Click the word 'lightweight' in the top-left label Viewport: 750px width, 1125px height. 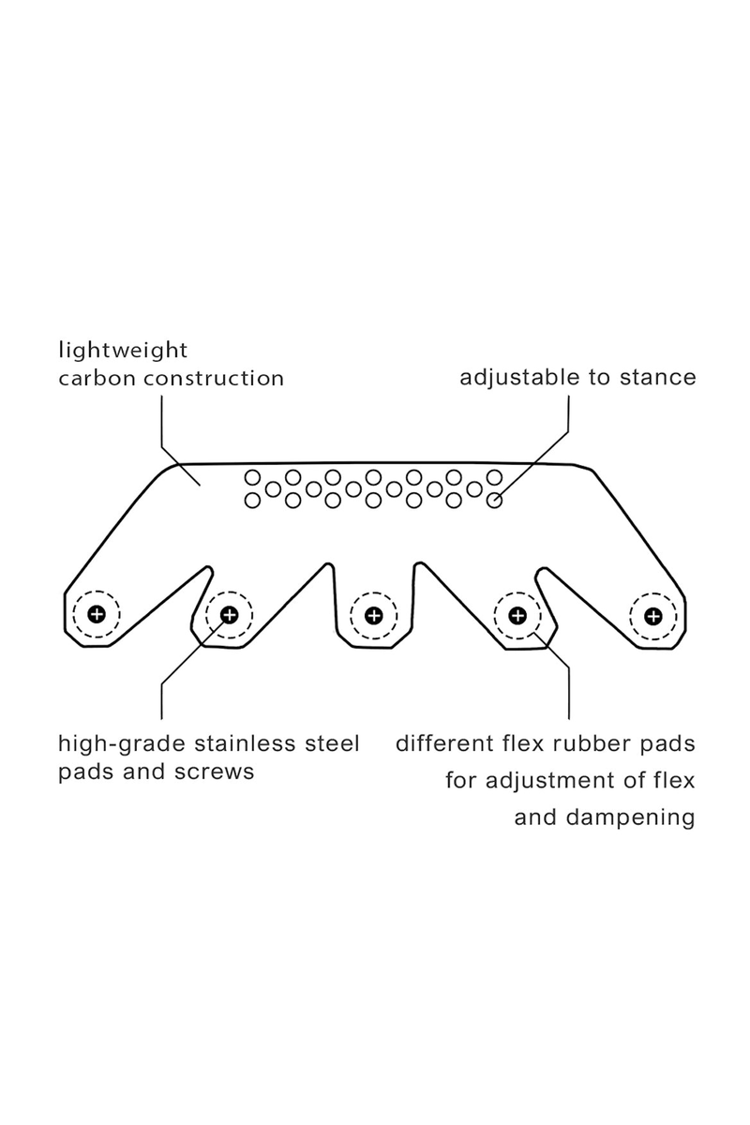pyautogui.click(x=123, y=352)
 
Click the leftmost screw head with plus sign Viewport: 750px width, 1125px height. pyautogui.click(x=96, y=615)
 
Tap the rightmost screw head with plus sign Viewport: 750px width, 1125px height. pyautogui.click(x=652, y=615)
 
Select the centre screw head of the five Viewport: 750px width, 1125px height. pyautogui.click(x=373, y=615)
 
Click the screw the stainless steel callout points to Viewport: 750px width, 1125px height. pyautogui.click(x=228, y=615)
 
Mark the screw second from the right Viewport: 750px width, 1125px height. pyautogui.click(x=517, y=615)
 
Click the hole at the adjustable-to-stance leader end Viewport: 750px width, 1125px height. pyautogui.click(x=495, y=501)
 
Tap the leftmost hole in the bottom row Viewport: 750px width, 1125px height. pyautogui.click(x=252, y=501)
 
